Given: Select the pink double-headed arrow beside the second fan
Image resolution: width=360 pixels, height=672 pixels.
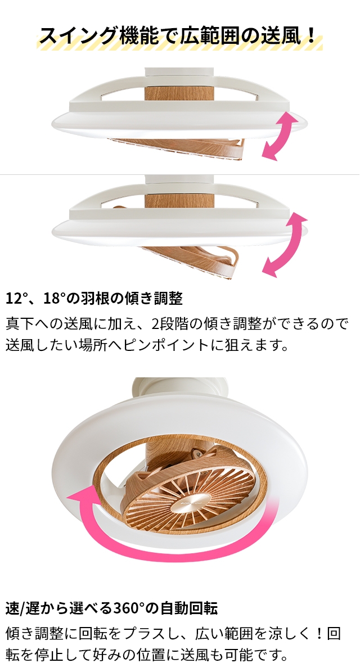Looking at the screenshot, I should click(x=285, y=245).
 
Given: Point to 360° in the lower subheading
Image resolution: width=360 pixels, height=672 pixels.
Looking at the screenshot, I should click(x=129, y=608).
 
